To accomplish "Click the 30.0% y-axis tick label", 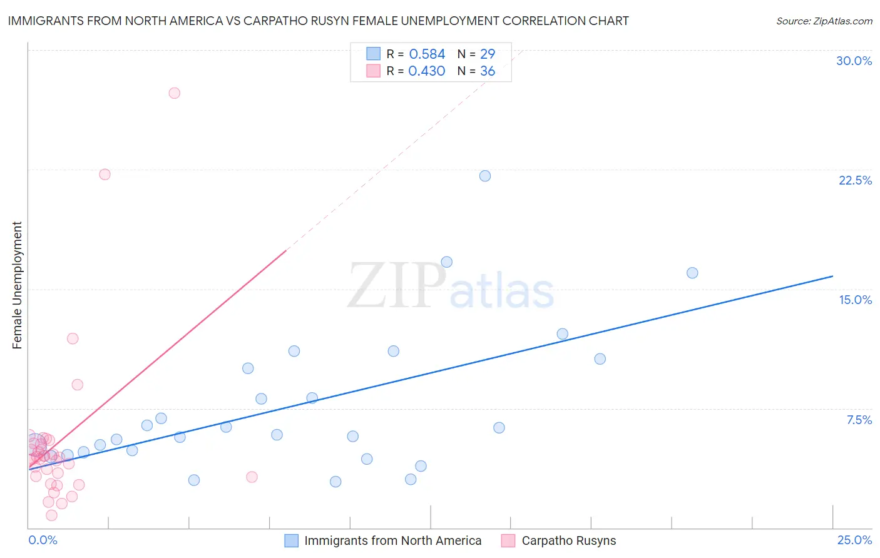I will click(854, 61).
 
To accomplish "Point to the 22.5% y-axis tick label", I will click(855, 180).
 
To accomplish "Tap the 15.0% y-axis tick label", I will click(855, 300).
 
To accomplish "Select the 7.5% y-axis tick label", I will click(859, 420).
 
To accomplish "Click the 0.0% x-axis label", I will click(43, 540).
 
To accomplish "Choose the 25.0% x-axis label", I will click(854, 540).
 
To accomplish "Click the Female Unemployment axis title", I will click(17, 285).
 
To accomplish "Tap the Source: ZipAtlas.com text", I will click(824, 21).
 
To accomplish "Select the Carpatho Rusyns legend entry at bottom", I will click(568, 540).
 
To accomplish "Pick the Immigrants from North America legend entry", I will click(392, 540).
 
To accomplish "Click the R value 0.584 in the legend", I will click(427, 54).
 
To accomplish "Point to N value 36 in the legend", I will click(488, 71).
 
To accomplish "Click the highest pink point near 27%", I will click(175, 93).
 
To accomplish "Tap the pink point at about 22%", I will click(105, 175).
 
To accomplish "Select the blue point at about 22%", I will click(485, 176).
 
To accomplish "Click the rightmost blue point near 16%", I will click(692, 273).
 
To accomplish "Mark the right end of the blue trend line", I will click(832, 276).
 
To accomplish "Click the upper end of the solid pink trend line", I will click(286, 250).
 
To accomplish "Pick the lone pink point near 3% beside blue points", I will click(252, 477).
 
